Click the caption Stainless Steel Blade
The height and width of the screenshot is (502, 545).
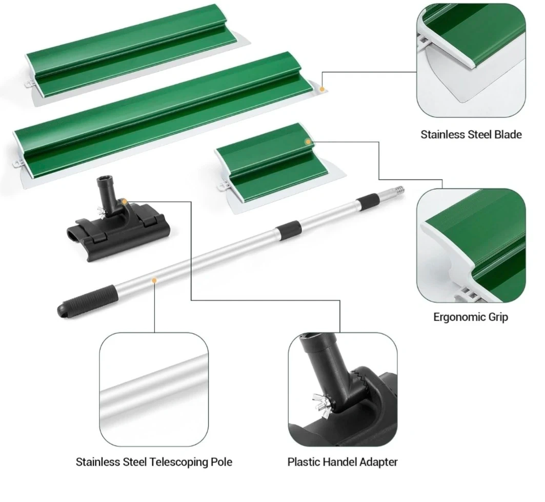[471, 134]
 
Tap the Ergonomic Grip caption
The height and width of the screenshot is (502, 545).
[471, 317]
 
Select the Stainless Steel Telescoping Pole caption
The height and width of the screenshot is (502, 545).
[154, 462]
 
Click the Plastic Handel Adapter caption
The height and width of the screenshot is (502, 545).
[342, 462]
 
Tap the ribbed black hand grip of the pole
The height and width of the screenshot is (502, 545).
[86, 300]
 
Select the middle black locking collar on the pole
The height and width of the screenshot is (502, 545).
[288, 230]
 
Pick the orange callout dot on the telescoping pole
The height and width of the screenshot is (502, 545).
[154, 280]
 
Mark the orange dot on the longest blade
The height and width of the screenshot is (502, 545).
[322, 89]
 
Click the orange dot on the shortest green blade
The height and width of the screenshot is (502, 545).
[308, 142]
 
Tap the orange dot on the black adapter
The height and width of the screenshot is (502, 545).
[124, 202]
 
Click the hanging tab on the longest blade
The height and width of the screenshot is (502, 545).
[17, 163]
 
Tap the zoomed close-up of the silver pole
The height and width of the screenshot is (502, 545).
[154, 389]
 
